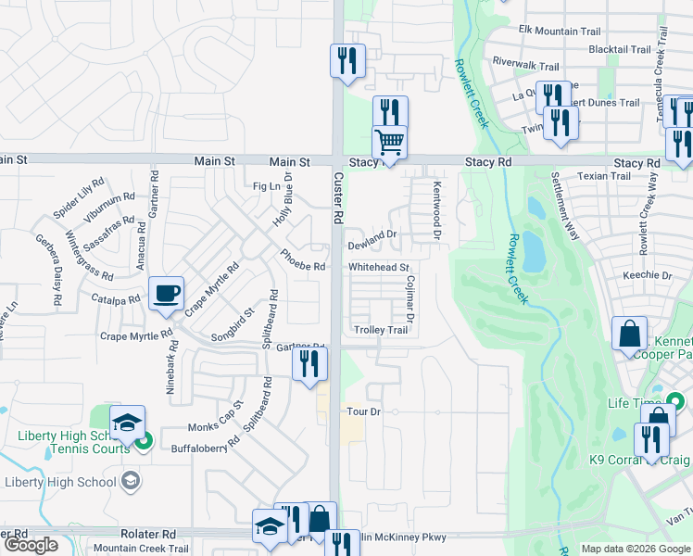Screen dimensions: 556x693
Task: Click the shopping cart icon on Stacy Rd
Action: (x=390, y=143)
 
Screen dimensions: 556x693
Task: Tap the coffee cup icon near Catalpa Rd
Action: (x=166, y=294)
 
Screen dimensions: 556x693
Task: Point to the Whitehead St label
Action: (x=379, y=267)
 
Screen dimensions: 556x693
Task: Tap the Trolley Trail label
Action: (x=381, y=330)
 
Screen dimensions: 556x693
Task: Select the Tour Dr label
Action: (x=363, y=411)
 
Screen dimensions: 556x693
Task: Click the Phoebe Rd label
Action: (x=303, y=266)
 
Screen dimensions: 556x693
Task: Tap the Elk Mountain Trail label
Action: (x=560, y=31)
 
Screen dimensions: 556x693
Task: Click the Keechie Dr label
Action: (x=648, y=275)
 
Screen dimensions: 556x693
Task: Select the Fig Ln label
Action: (x=266, y=186)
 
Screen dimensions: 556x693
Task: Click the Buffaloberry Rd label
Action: (x=206, y=448)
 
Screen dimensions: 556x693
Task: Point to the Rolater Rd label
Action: (x=147, y=535)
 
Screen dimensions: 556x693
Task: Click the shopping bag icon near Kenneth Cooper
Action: (x=630, y=334)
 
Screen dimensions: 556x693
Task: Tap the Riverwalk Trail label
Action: (x=526, y=66)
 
